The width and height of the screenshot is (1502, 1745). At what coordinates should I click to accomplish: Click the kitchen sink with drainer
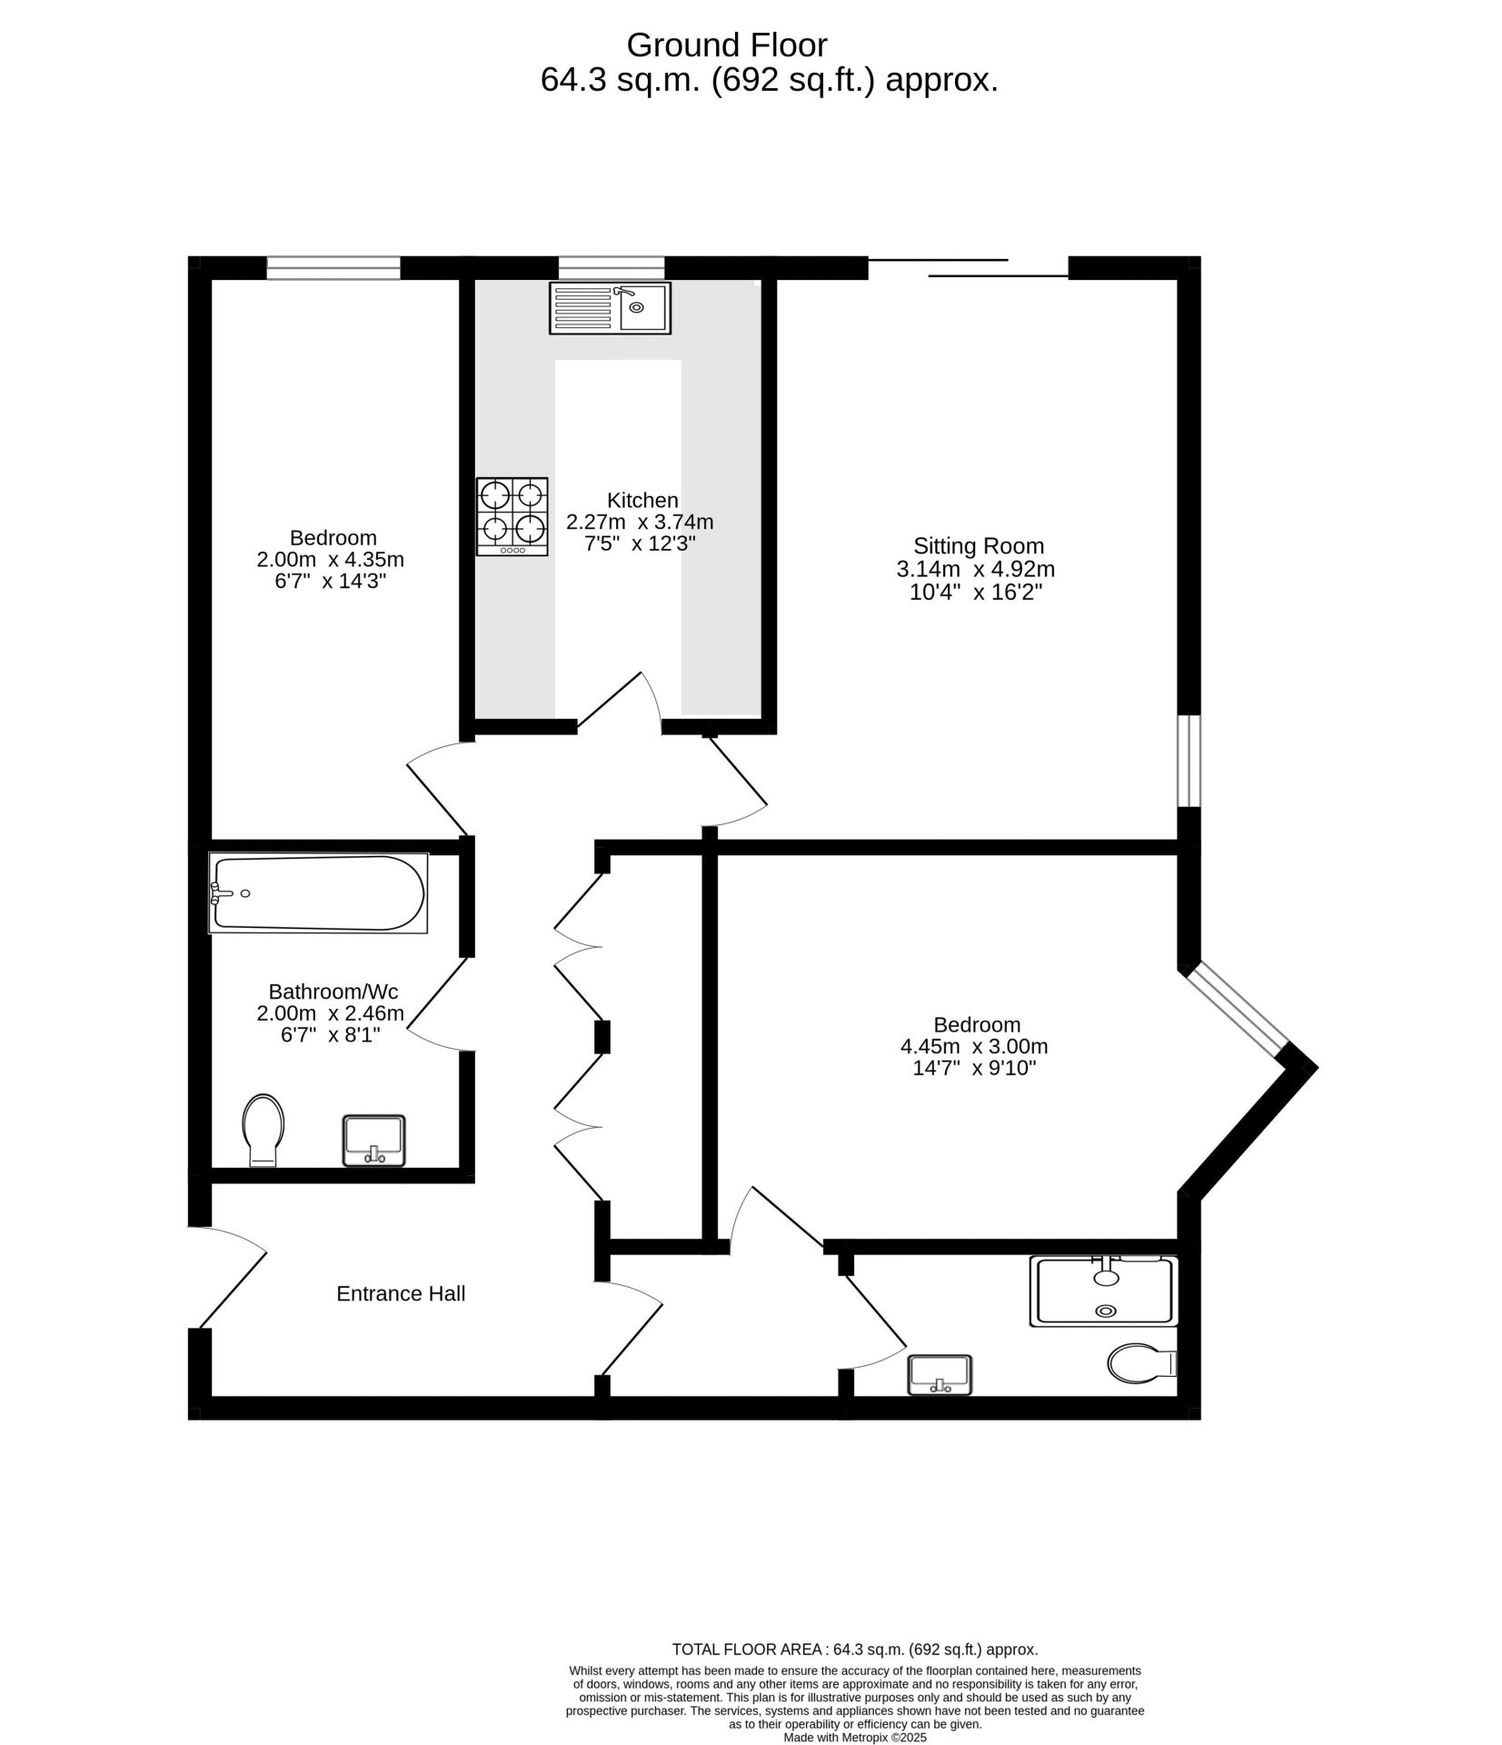(609, 307)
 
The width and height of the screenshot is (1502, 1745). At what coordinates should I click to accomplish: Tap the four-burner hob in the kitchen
(512, 515)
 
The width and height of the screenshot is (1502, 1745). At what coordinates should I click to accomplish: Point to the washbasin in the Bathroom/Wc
(373, 1139)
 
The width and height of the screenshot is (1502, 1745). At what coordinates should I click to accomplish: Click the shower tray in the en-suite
(1102, 1290)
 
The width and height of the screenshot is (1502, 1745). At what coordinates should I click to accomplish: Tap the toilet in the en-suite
(1142, 1363)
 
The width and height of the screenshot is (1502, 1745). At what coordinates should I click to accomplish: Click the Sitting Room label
(978, 546)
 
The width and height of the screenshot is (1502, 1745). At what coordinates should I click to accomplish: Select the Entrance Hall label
(401, 1293)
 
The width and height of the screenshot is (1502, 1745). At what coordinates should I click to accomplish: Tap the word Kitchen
(642, 500)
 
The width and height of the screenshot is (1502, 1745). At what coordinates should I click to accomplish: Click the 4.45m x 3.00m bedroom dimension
(974, 1047)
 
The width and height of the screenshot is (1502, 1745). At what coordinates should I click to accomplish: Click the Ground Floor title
(727, 45)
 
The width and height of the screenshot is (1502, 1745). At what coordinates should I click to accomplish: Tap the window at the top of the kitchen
(611, 267)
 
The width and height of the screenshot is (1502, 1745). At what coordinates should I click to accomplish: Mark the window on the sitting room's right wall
(1189, 761)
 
